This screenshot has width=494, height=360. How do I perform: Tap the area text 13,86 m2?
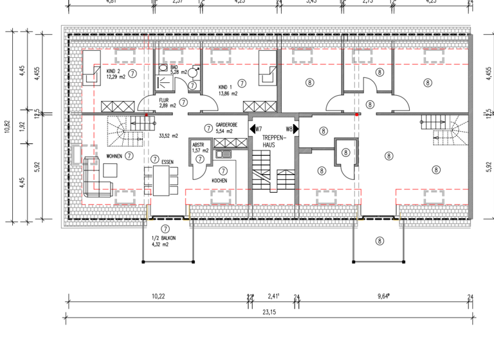pos(228,94)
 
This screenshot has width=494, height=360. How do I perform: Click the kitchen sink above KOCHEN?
pos(224,153)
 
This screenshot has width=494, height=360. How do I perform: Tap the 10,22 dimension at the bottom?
pos(158,296)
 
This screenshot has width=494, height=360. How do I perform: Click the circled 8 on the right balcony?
pos(380,241)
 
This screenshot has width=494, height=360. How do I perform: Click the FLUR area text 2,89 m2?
pos(168,107)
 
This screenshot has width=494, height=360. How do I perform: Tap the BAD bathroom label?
pos(174,67)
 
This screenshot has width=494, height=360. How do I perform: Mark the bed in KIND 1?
pos(268,67)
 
